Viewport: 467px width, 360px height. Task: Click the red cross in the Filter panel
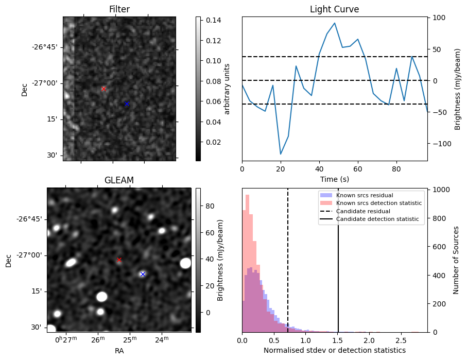click(x=103, y=89)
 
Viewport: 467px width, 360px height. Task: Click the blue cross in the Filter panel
click(x=127, y=104)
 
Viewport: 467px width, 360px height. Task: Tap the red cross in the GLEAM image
click(x=119, y=260)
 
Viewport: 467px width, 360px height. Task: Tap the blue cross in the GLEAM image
click(x=143, y=274)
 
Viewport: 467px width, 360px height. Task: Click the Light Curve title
click(x=335, y=9)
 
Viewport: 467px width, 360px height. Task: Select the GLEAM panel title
click(x=119, y=180)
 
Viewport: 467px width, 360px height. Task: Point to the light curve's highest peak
click(x=335, y=23)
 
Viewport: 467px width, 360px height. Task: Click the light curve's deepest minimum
click(x=281, y=154)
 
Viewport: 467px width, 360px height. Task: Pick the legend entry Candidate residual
click(x=363, y=211)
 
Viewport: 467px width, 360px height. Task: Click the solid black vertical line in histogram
click(x=338, y=260)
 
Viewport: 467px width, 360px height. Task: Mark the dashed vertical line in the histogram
click(x=288, y=260)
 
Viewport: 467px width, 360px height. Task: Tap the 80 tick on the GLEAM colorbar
click(x=210, y=206)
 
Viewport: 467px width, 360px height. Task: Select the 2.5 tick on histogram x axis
click(x=401, y=340)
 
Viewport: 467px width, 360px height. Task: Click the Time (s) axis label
click(x=335, y=179)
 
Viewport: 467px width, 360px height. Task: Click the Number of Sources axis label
click(x=456, y=260)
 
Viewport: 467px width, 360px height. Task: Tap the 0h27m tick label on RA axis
click(x=66, y=339)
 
